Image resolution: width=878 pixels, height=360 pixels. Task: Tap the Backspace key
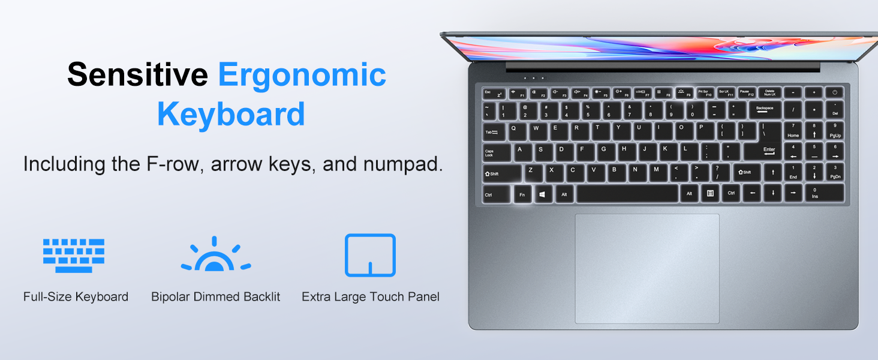[764, 110]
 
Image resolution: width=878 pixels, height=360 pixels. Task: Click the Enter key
[768, 151]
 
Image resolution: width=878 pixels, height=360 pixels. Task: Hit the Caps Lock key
[496, 152]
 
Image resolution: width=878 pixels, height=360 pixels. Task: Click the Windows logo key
[543, 194]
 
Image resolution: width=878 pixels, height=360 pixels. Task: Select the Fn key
[522, 194]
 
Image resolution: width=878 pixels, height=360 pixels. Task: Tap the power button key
[835, 93]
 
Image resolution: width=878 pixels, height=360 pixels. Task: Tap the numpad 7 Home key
[793, 131]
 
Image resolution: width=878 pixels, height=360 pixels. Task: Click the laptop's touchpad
[647, 268]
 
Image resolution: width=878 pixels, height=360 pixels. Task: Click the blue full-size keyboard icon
[74, 255]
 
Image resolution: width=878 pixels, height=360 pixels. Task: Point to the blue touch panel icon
[370, 255]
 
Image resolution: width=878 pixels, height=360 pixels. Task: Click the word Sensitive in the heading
[137, 75]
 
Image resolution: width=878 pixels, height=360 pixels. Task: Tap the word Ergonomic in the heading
[302, 76]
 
